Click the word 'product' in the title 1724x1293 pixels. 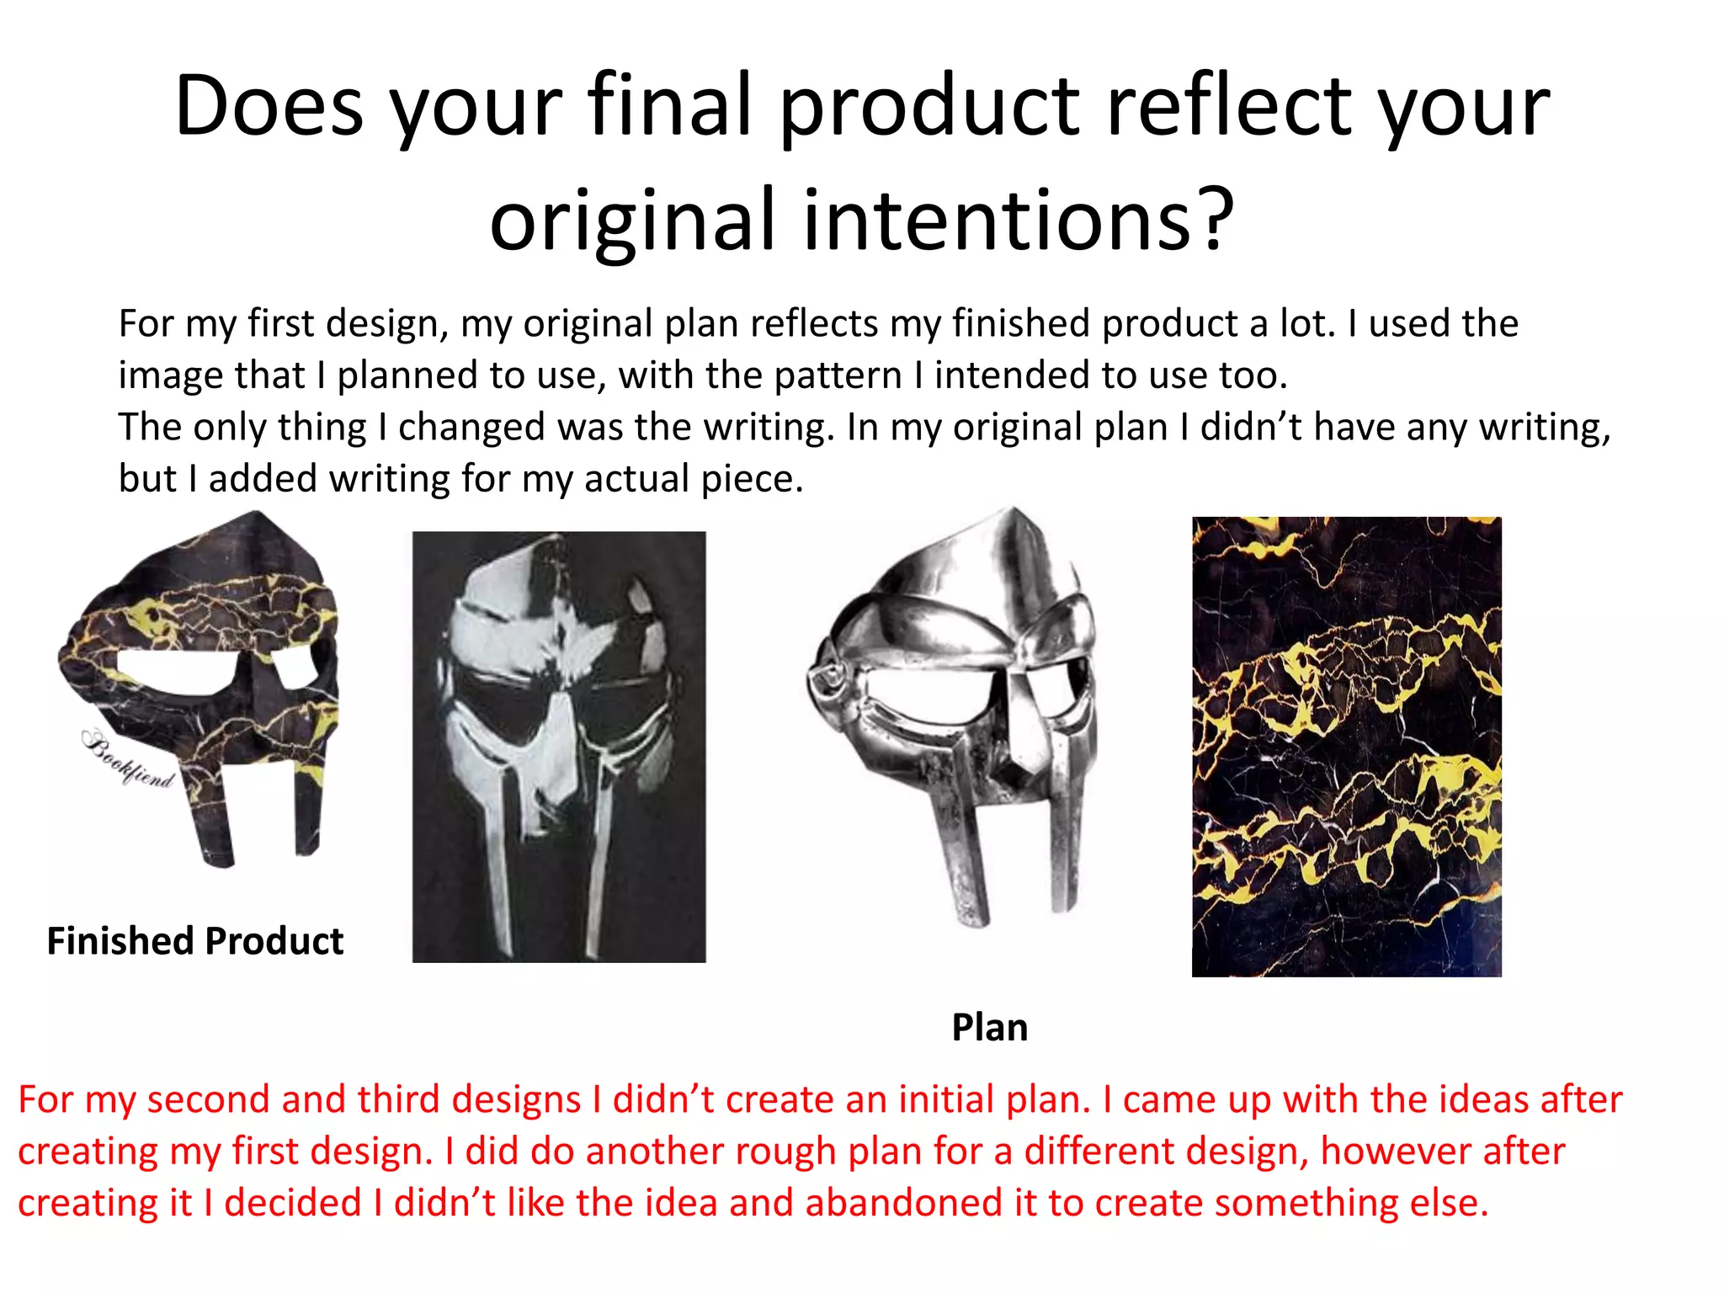(x=929, y=108)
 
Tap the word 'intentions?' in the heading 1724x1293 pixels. (x=1019, y=221)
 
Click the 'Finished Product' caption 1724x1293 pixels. (x=194, y=941)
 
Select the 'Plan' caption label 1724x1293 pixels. (x=989, y=1028)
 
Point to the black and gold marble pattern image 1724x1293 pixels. (x=1346, y=747)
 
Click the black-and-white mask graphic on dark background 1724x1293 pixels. (x=558, y=747)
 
